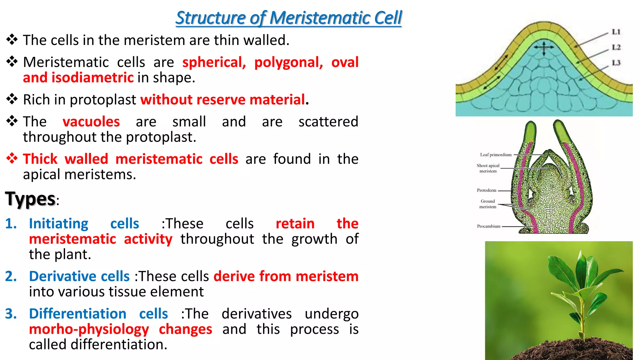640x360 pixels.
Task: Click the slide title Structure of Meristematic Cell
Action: point(288,18)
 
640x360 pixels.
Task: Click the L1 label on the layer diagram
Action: point(616,32)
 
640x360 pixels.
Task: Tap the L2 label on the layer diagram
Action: point(616,47)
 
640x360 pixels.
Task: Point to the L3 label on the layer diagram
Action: point(616,63)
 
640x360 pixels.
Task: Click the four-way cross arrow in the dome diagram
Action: point(544,48)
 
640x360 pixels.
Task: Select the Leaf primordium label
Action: point(496,155)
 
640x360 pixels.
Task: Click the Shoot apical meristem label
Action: point(488,168)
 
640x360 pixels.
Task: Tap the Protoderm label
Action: point(486,190)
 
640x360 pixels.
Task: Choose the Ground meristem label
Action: point(487,204)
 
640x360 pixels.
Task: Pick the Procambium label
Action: point(488,226)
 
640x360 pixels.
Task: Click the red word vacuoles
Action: point(91,122)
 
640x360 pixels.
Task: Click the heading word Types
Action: point(30,199)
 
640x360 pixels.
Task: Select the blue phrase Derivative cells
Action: point(79,276)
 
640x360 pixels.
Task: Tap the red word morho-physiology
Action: point(89,329)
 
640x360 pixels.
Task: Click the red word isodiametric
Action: point(92,77)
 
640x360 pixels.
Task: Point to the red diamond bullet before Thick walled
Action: point(12,158)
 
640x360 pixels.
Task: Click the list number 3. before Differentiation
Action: point(11,314)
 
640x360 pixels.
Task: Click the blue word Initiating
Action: point(59,224)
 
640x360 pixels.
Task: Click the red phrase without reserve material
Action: point(222,100)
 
